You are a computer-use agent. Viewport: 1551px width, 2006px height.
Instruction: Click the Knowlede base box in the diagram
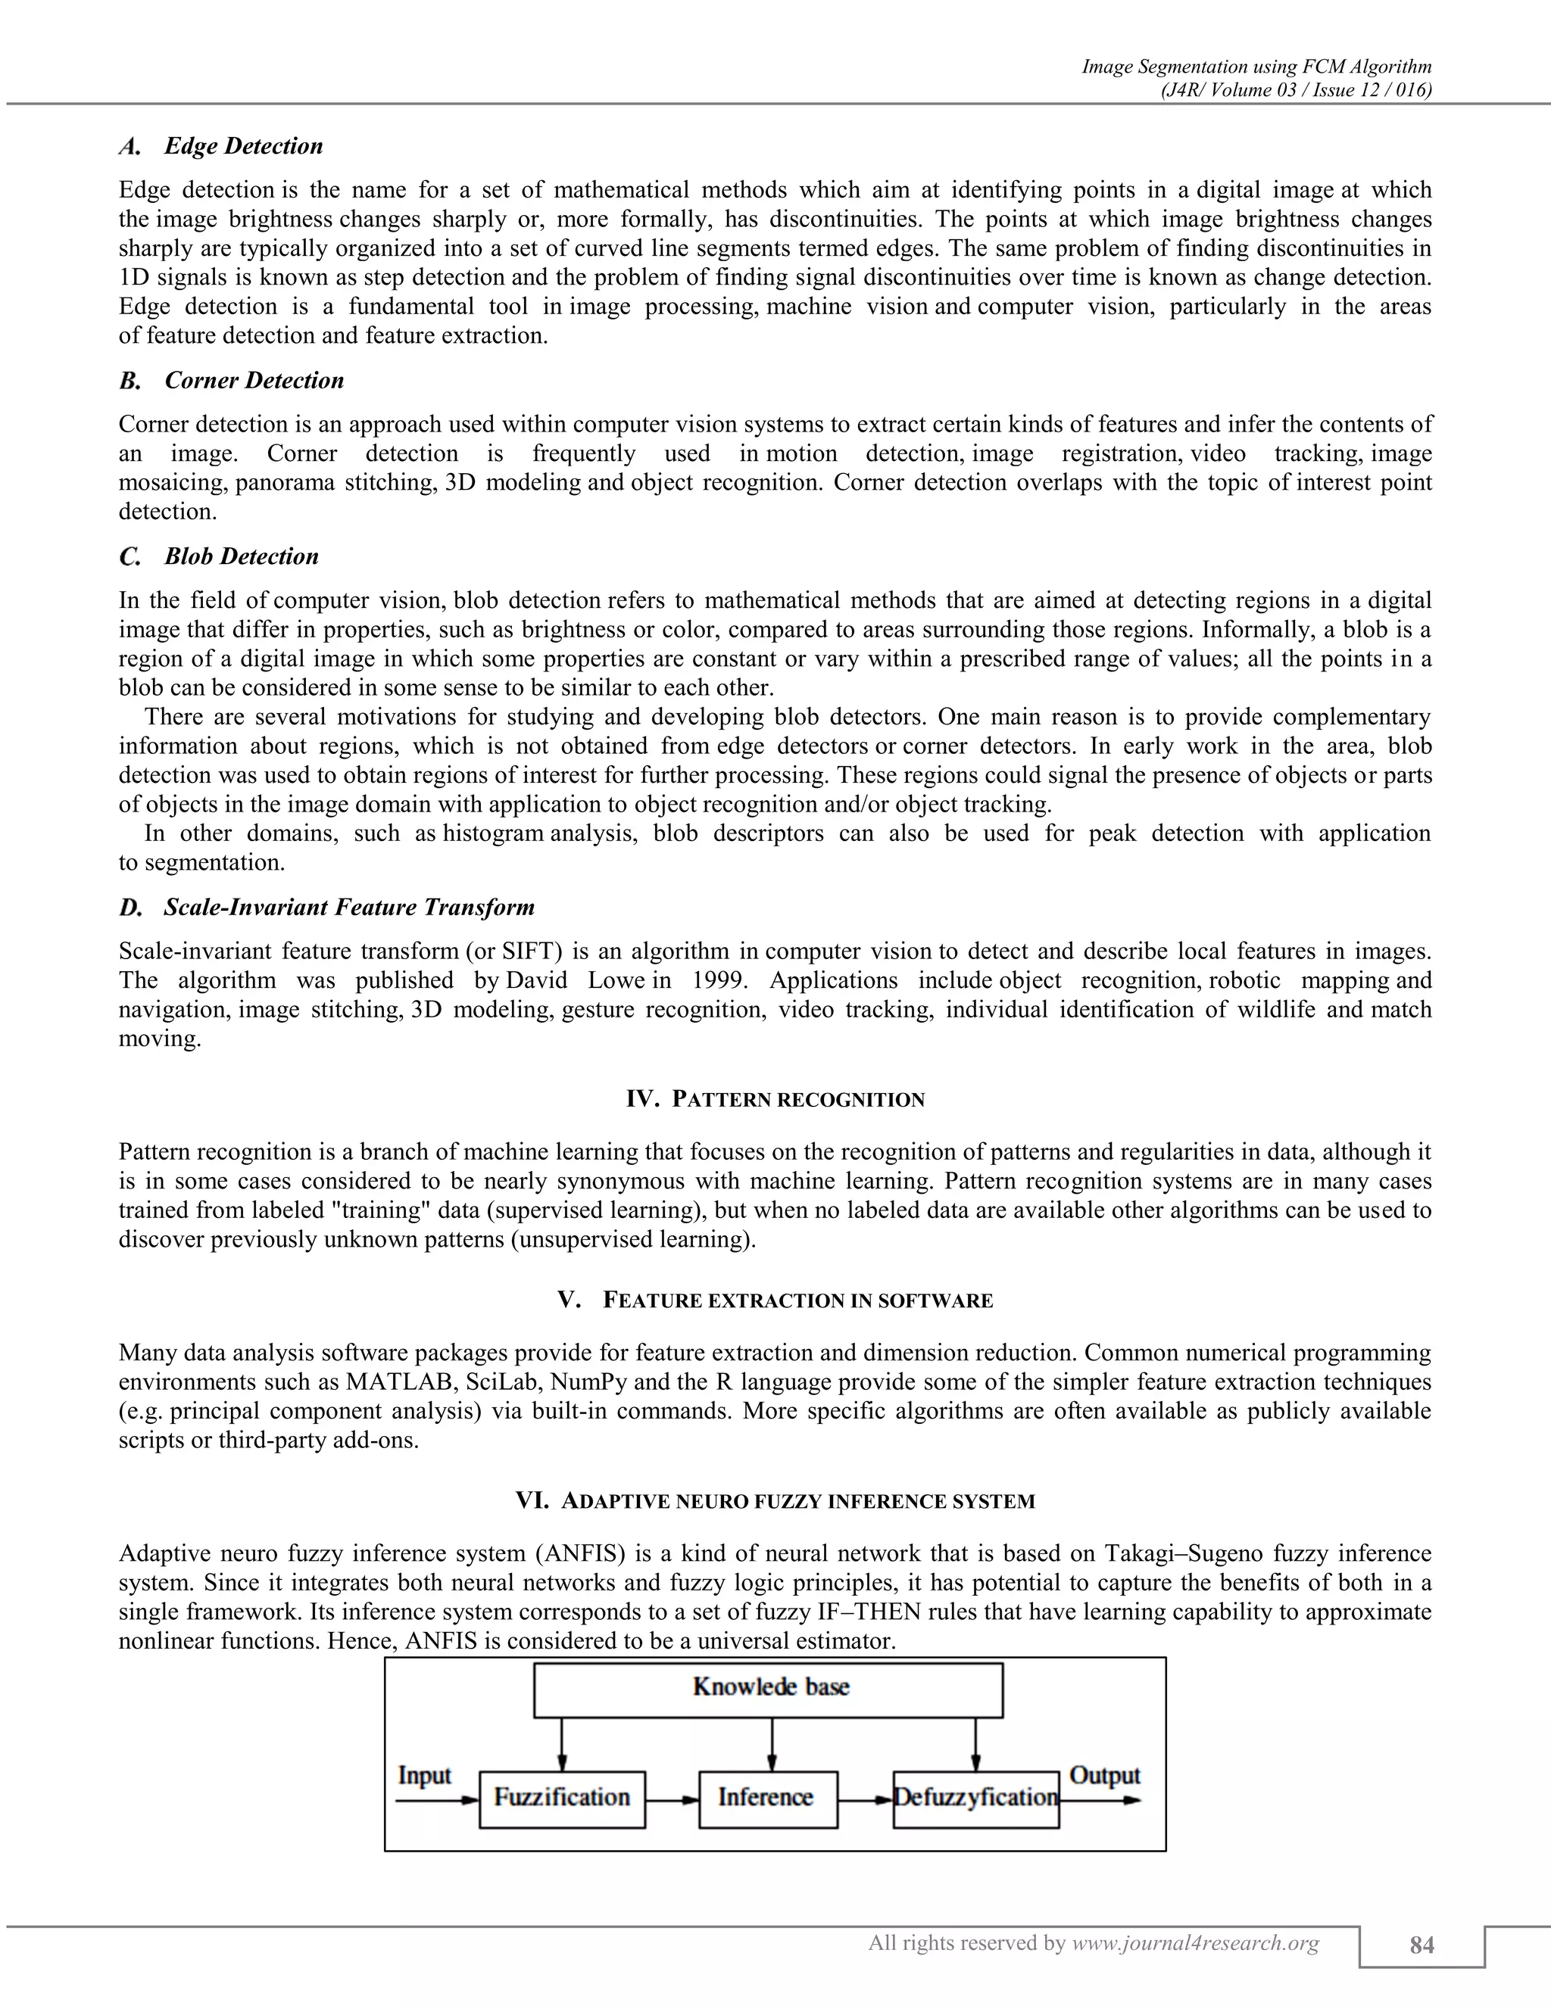click(768, 1690)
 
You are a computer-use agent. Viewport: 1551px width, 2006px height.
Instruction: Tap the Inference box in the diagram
click(767, 1799)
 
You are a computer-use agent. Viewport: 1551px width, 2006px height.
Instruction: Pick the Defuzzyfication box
click(975, 1799)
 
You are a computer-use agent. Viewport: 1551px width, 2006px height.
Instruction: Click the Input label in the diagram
click(423, 1775)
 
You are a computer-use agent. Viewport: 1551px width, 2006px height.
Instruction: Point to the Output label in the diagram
click(1104, 1775)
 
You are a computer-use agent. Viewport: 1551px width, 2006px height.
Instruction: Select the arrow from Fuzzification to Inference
click(672, 1800)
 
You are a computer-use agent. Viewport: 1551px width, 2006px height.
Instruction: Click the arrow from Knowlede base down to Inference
click(771, 1743)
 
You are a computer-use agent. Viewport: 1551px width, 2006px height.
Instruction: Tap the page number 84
click(1421, 1945)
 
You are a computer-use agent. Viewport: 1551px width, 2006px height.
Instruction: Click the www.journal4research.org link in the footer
click(1195, 1942)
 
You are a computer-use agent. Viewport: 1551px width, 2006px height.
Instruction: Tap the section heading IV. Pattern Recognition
click(775, 1099)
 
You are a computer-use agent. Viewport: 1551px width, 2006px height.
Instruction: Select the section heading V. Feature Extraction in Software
click(775, 1300)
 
